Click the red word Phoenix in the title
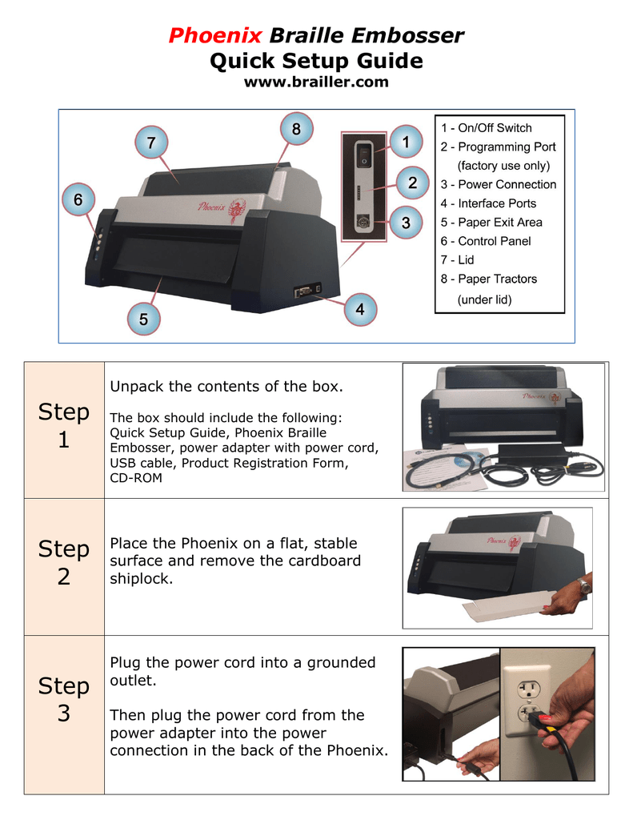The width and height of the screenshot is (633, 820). click(x=215, y=35)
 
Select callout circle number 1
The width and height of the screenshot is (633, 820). click(x=406, y=142)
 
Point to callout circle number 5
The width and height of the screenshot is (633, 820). click(x=143, y=318)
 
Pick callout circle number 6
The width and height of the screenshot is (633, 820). click(x=78, y=199)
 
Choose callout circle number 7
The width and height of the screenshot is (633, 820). click(x=150, y=143)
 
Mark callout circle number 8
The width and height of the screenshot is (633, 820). click(x=295, y=129)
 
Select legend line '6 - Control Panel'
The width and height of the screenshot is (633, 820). click(x=485, y=241)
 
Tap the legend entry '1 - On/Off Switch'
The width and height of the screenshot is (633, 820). click(x=486, y=128)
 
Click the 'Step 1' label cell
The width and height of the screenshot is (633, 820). click(x=64, y=426)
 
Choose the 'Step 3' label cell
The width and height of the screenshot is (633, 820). click(x=64, y=700)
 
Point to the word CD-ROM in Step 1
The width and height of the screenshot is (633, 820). click(x=135, y=478)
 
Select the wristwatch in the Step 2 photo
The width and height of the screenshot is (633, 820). click(x=585, y=586)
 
